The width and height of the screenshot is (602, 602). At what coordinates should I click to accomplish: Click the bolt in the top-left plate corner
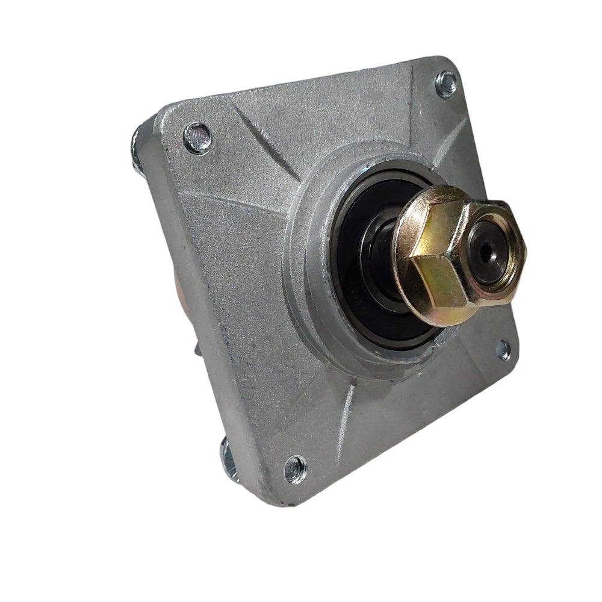(197, 137)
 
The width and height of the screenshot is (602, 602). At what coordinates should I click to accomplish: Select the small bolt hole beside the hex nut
(503, 349)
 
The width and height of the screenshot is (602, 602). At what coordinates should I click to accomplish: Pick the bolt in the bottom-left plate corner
(295, 469)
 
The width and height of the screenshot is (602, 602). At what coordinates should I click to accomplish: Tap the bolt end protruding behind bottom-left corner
(229, 461)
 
